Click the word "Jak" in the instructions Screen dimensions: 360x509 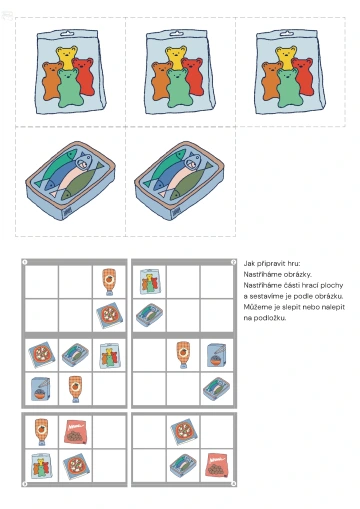(x=249, y=264)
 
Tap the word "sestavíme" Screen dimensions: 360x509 (x=265, y=296)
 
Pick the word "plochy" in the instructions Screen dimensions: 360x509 (x=332, y=286)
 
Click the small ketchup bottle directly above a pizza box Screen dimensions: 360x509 (x=109, y=282)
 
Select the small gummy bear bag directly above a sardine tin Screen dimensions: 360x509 (x=150, y=282)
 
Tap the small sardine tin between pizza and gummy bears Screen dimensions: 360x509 (x=75, y=355)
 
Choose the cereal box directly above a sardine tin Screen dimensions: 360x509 (x=217, y=355)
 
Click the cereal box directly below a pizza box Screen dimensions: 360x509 (x=40, y=389)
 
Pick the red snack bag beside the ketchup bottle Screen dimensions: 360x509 (x=75, y=432)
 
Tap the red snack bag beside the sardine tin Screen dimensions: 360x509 (x=218, y=464)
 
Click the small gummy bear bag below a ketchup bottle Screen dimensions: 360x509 (x=42, y=465)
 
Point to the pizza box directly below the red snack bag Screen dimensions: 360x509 (x=76, y=465)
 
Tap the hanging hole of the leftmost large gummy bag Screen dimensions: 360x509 (x=67, y=33)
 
